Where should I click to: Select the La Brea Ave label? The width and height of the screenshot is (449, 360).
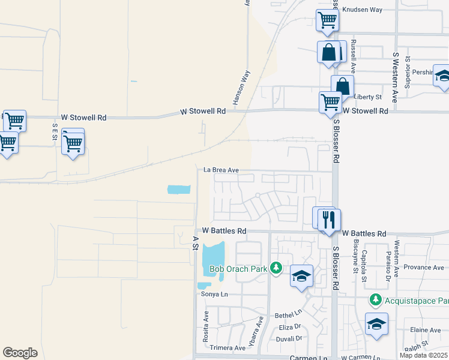pos(221,170)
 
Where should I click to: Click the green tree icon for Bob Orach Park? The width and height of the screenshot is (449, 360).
pos(276,268)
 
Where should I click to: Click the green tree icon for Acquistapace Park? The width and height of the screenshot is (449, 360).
pos(375,299)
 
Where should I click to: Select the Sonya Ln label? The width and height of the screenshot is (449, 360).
pos(215,294)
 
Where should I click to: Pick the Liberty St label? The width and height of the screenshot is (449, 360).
pos(368,97)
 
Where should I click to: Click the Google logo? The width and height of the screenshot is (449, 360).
pos(20,352)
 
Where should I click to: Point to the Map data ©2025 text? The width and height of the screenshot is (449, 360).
pos(424,355)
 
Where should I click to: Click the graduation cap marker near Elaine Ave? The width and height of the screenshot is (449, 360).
pos(376,324)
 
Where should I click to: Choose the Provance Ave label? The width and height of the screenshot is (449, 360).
pos(424,268)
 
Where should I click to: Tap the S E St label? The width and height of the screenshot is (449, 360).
pos(55,131)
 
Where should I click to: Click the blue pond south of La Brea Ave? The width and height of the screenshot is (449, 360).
pos(179,190)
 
